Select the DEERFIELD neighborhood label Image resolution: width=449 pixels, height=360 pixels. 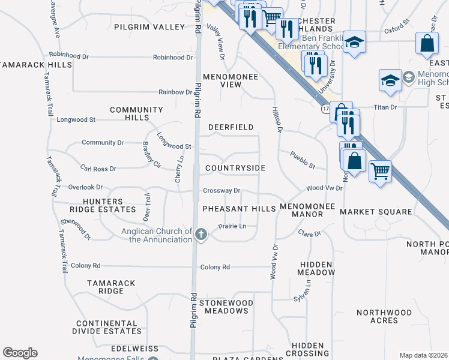point(231,127)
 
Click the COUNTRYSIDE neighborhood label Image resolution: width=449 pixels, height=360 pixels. point(235,169)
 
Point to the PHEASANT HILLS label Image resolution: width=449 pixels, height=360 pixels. point(238,208)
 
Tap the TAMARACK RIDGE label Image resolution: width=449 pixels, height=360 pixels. point(112,287)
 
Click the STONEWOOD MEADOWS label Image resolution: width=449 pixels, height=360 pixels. point(226,307)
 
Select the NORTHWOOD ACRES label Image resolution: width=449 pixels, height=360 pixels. point(384,316)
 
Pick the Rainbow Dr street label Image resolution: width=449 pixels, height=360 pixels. point(175,92)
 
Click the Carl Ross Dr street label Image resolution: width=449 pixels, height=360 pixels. point(98,169)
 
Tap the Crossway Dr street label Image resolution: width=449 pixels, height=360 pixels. point(221,191)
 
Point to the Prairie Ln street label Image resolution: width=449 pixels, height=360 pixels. point(232,226)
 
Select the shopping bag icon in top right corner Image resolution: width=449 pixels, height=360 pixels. point(427,43)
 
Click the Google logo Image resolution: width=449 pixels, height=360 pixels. point(20,353)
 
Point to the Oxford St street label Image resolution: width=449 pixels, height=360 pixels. point(397,28)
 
